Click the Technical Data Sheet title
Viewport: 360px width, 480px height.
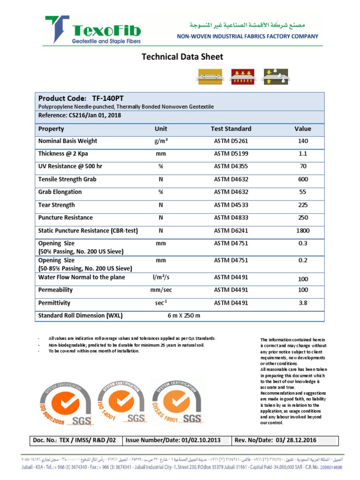point(182,57)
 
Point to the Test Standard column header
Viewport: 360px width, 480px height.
point(231,129)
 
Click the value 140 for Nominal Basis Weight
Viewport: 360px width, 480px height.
point(303,141)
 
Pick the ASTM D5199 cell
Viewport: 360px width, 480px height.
point(231,154)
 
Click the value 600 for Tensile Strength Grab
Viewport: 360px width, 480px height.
point(303,180)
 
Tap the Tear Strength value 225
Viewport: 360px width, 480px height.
point(303,205)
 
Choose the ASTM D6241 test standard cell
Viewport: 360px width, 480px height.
point(231,231)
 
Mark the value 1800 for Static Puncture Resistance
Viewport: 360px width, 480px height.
point(303,231)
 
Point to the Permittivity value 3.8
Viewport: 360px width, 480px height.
point(303,303)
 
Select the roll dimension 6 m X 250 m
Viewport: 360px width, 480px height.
point(184,315)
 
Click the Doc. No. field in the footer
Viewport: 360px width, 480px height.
point(75,441)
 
